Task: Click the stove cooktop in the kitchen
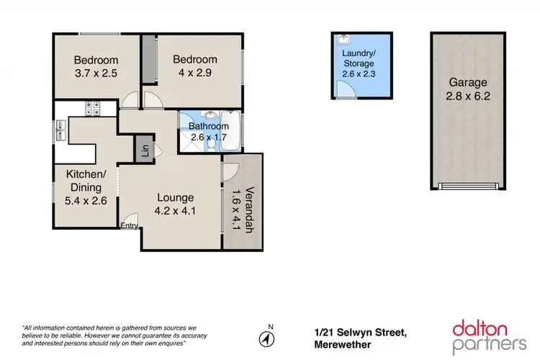(x=94, y=109)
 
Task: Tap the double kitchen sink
(x=60, y=130)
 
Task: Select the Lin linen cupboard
(x=145, y=150)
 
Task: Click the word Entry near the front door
(x=130, y=226)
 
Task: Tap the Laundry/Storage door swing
(x=345, y=89)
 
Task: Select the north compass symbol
(x=268, y=338)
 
